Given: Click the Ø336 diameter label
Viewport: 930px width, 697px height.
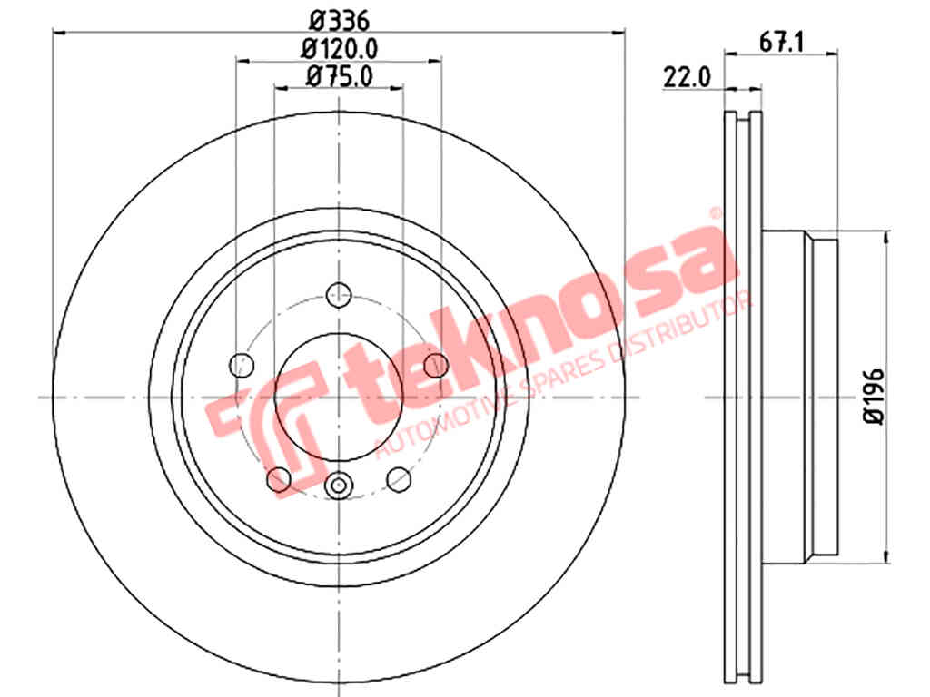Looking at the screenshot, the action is click(340, 21).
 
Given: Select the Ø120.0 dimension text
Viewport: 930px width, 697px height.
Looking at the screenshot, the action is click(340, 49).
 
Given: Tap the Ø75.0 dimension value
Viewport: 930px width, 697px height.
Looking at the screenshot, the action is click(340, 76).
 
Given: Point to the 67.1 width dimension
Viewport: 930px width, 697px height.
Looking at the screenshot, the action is click(781, 43).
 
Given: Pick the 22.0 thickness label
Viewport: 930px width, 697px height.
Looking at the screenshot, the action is click(687, 78).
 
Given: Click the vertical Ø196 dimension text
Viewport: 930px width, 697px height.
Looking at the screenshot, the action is click(874, 397).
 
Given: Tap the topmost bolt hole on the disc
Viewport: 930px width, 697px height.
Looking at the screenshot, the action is click(340, 295).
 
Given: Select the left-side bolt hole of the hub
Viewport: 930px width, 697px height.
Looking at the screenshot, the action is click(242, 365).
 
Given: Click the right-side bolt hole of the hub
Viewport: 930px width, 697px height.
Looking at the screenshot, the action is click(436, 365).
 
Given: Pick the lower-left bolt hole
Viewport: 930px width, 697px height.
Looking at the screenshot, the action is click(279, 479).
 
